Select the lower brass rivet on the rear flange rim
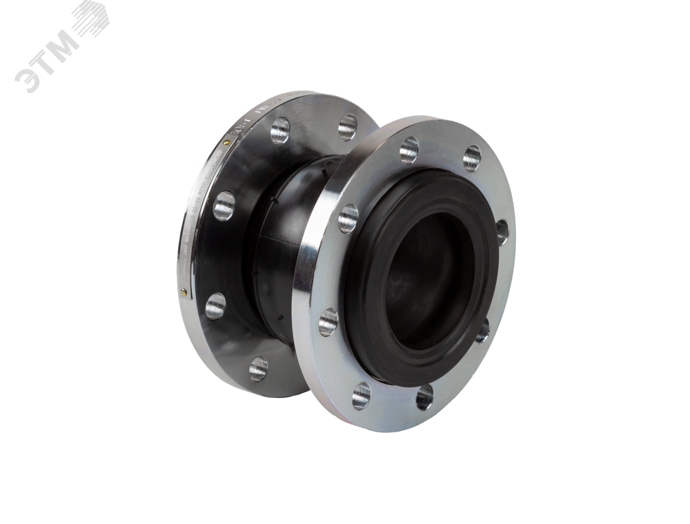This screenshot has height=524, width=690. tap(183, 292)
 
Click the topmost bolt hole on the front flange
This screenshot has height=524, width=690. tap(472, 158)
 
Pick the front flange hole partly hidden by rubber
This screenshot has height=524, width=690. tap(502, 231)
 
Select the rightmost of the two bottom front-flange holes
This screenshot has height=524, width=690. tap(424, 396)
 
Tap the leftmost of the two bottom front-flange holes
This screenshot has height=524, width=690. tap(361, 396)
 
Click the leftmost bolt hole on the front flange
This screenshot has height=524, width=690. tap(328, 322)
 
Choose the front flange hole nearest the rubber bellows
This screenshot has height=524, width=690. tap(348, 219)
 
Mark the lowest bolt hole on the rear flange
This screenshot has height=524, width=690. tap(258, 369)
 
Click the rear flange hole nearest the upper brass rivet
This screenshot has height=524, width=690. tap(279, 130)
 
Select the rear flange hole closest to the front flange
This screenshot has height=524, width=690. tap(347, 128)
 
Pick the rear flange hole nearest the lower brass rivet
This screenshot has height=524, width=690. tap(215, 305)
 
